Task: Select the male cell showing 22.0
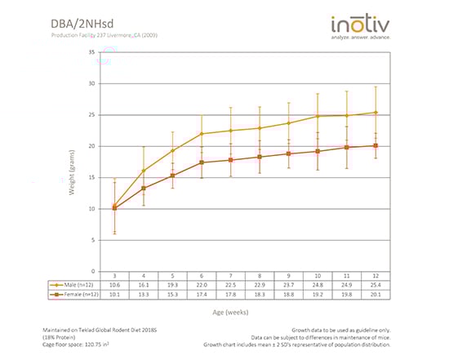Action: click(202, 285)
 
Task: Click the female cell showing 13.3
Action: click(144, 295)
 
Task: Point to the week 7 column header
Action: click(230, 276)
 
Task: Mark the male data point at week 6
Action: click(202, 134)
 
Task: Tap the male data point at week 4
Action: click(144, 171)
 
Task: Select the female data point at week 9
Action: click(288, 153)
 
